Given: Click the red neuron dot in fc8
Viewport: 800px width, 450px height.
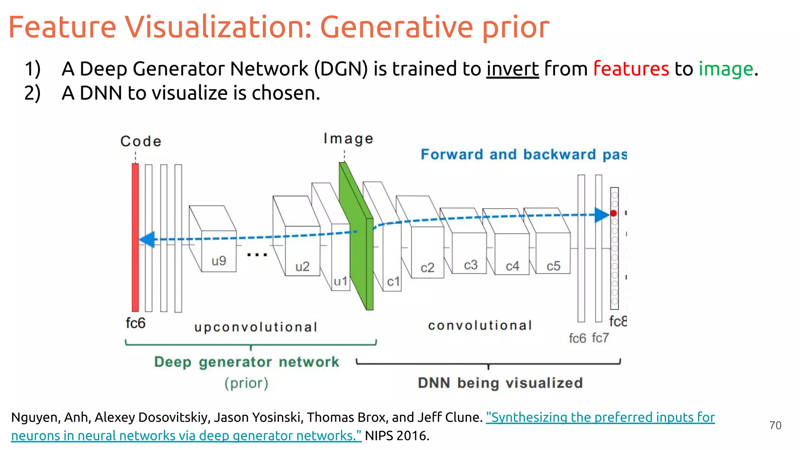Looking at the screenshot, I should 614,213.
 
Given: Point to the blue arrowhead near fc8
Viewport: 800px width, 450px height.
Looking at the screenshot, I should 602,215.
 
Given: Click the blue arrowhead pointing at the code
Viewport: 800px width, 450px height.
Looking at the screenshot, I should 147,239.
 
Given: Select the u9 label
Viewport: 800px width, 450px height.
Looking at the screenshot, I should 219,261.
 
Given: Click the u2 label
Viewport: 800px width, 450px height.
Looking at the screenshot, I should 302,266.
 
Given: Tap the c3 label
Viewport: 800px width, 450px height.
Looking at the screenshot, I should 471,265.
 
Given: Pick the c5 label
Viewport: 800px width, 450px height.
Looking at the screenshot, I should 553,266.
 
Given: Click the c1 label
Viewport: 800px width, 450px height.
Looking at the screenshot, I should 393,281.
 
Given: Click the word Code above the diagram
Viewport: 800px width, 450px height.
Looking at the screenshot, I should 141,141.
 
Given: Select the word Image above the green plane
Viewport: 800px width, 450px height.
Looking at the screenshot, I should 348,139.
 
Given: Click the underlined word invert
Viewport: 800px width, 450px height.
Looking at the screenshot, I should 512,69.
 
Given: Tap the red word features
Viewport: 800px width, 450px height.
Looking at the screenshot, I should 630,69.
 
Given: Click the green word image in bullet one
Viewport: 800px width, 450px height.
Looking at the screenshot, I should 725,69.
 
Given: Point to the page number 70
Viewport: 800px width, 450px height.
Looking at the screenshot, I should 775,425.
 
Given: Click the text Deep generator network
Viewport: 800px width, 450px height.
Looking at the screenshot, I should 246,362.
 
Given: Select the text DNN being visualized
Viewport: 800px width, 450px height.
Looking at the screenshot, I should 500,383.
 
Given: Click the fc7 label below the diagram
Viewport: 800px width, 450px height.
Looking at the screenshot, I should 600,337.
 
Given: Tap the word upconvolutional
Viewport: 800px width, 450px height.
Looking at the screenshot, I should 255,327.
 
